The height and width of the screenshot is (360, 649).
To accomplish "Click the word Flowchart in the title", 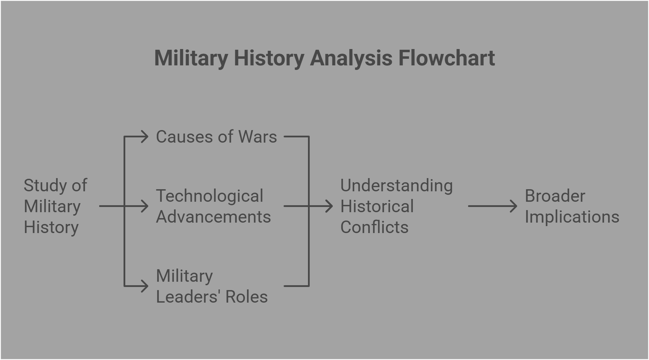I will click(446, 58).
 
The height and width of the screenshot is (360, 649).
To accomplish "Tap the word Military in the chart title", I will click(191, 58).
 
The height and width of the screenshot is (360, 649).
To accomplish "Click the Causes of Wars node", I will click(216, 137).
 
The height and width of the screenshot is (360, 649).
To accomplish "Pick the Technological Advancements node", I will click(213, 206).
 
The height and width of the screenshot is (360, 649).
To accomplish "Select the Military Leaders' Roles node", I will click(212, 286).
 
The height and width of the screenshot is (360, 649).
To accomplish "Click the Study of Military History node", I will click(55, 206).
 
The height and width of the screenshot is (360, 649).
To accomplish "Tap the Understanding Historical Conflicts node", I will click(396, 206).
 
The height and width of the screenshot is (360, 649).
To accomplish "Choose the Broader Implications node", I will click(572, 206).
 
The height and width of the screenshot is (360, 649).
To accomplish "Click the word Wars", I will click(258, 137).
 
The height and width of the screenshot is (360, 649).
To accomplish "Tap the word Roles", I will click(246, 297).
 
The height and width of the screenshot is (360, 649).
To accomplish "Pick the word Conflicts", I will click(374, 227).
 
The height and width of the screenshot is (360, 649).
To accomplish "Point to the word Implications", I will click(572, 217).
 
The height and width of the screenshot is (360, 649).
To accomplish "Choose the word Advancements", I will click(213, 217).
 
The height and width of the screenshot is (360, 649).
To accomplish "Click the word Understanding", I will click(396, 185).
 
